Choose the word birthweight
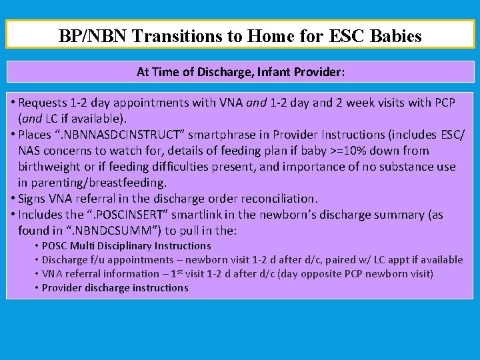point(50,167)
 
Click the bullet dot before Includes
point(13,215)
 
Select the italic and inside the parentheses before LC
point(31,119)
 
